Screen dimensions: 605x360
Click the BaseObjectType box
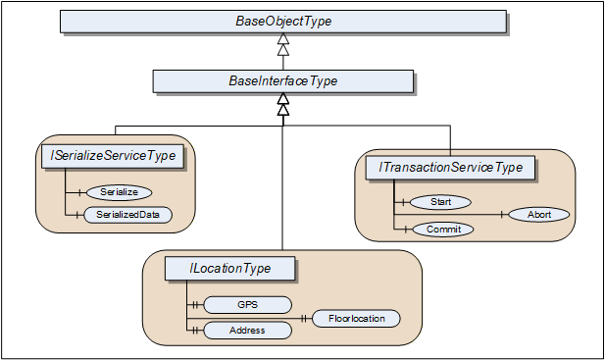point(283,22)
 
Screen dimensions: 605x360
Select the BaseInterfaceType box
point(283,81)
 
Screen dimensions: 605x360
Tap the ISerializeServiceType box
point(113,156)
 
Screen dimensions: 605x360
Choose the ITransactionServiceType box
point(450,168)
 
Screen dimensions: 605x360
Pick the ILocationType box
point(230,268)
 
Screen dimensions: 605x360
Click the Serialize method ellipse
point(120,192)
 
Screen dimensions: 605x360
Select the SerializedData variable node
point(127,215)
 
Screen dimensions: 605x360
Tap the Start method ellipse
point(440,202)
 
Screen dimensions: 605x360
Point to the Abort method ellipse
point(539,215)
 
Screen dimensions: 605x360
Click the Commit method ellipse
point(443,230)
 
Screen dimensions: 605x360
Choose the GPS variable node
point(247,305)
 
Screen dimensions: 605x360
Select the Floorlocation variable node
point(356,319)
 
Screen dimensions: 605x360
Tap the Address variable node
point(247,331)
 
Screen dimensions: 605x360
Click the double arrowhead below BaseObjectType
point(283,44)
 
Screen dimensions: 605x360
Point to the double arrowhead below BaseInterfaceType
point(283,104)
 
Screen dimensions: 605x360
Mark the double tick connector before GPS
point(195,305)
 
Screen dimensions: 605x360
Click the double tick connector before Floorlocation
point(304,319)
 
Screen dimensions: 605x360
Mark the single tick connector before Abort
point(501,215)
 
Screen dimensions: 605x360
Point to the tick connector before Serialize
point(79,192)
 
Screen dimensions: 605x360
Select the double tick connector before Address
point(195,331)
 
